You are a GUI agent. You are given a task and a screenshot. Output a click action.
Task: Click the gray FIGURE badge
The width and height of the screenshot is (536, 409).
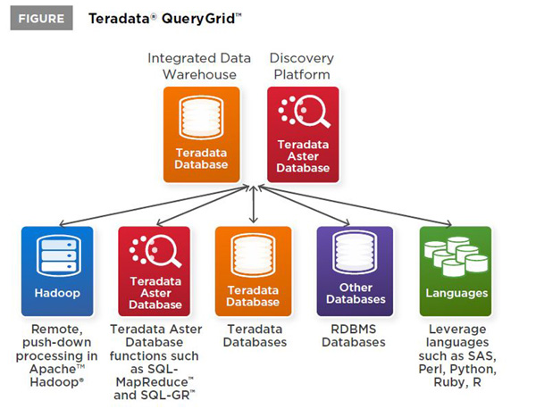(x=41, y=18)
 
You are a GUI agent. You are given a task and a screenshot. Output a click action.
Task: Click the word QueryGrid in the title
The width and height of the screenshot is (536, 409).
(x=198, y=19)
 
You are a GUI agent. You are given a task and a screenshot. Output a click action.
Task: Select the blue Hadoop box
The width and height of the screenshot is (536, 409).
(x=57, y=271)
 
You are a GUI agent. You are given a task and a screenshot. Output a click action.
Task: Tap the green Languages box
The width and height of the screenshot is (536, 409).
(x=456, y=271)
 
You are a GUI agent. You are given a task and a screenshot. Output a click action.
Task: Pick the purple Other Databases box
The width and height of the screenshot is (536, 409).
(x=355, y=271)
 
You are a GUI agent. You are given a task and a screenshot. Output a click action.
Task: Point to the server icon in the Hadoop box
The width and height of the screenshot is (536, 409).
(x=59, y=255)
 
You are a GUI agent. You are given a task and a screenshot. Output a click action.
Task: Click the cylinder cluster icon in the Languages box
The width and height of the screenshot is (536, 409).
(x=456, y=256)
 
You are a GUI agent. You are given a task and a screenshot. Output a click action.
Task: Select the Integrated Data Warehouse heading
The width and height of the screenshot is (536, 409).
(x=199, y=66)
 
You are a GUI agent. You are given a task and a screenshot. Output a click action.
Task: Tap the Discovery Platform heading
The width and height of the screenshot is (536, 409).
(x=302, y=66)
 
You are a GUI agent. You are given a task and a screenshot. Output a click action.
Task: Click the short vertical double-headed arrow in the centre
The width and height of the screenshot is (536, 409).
(x=254, y=204)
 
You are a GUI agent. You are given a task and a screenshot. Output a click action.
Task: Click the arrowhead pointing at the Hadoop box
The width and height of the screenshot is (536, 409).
(x=63, y=224)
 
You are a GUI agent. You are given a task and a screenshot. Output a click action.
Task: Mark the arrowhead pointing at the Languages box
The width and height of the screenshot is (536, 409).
(x=448, y=224)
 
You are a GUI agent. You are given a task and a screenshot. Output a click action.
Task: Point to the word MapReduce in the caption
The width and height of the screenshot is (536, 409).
(x=152, y=382)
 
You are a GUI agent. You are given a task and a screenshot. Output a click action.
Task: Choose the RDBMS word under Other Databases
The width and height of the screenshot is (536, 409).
(x=354, y=329)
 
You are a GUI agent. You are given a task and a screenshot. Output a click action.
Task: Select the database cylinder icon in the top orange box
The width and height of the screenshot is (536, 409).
(x=201, y=117)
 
